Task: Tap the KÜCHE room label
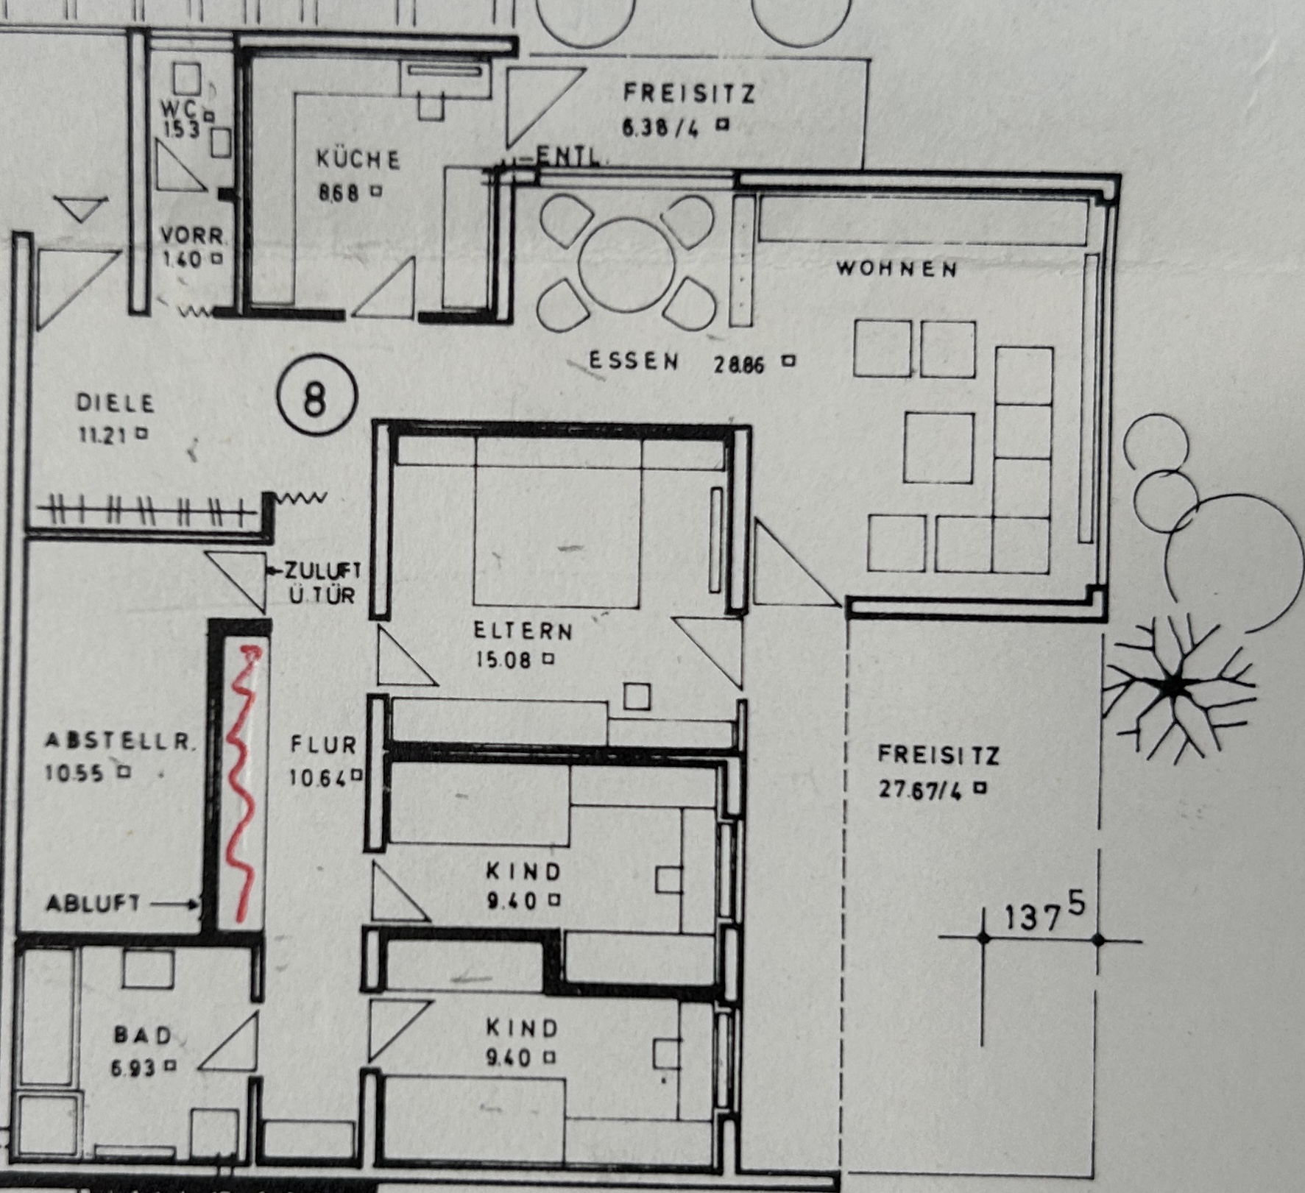(x=358, y=160)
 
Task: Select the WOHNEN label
(x=896, y=269)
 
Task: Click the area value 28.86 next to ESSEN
(x=738, y=364)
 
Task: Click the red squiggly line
(x=242, y=780)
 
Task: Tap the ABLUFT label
(x=93, y=903)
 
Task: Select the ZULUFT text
(x=324, y=570)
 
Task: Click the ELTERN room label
(x=523, y=631)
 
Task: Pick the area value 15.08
(x=503, y=660)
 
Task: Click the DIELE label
(x=116, y=403)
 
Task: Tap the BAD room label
(x=143, y=1036)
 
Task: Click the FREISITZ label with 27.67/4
(x=938, y=756)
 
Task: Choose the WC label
(x=180, y=110)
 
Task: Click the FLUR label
(x=323, y=745)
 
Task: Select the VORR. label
(x=193, y=236)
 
